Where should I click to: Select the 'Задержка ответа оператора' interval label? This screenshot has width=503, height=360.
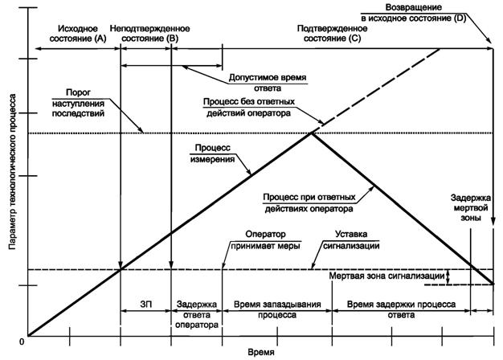(x=196, y=310)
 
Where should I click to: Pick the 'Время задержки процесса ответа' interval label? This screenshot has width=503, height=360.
(x=400, y=310)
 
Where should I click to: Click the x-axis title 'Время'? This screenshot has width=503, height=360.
(x=260, y=352)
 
